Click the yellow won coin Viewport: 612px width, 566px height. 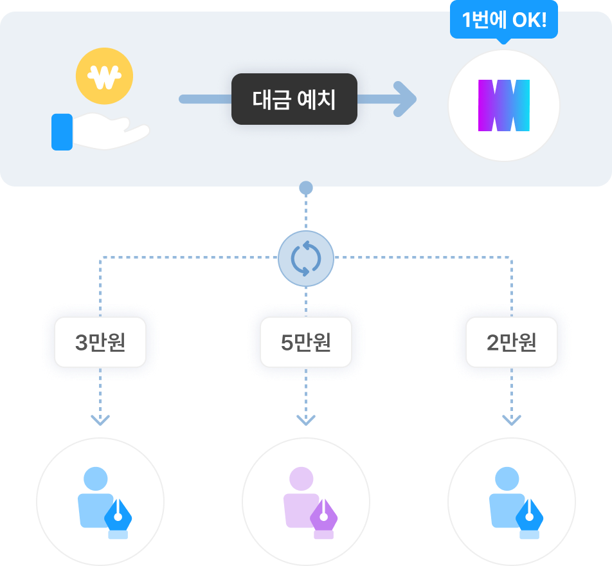tap(104, 77)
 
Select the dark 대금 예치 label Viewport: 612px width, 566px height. tap(294, 99)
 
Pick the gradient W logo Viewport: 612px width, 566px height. tap(503, 105)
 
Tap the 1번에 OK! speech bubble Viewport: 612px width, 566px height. tap(504, 21)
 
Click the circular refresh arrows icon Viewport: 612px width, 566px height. tap(306, 258)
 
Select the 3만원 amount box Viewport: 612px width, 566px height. tap(100, 342)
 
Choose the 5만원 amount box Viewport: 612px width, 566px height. tap(306, 342)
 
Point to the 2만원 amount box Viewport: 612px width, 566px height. tap(512, 342)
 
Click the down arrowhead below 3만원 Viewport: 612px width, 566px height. tap(100, 420)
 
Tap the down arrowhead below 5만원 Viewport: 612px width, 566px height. tap(306, 420)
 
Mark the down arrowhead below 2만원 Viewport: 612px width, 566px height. tap(512, 420)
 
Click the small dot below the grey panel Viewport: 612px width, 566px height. tap(306, 188)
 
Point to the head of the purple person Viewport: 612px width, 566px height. tap(301, 479)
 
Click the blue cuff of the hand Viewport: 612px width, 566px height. tap(62, 132)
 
